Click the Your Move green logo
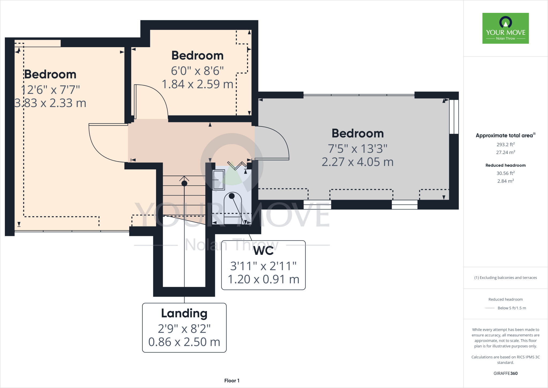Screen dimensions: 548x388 [x=505, y=28]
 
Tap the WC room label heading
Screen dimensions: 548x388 [x=264, y=251]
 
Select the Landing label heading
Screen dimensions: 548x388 [x=184, y=313]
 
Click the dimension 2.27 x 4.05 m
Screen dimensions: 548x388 [x=357, y=162]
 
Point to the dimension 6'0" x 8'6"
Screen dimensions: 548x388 [x=197, y=71]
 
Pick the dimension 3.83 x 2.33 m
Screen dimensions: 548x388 [x=50, y=103]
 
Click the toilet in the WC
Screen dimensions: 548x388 [x=232, y=208]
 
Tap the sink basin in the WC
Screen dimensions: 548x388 [x=219, y=180]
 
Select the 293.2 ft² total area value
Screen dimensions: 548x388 [x=505, y=144]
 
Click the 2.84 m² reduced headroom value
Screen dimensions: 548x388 [x=505, y=181]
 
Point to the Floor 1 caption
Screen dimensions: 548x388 [x=232, y=380]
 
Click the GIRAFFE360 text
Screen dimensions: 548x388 [x=505, y=373]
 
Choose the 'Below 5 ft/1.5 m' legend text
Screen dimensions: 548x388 [x=512, y=308]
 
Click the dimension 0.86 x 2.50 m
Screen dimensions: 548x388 [x=184, y=342]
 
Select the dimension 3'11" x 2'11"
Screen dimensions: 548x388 [x=264, y=266]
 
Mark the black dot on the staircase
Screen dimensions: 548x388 [x=184, y=184]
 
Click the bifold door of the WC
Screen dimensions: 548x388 [x=237, y=165]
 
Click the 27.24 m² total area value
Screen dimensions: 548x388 [x=505, y=152]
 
